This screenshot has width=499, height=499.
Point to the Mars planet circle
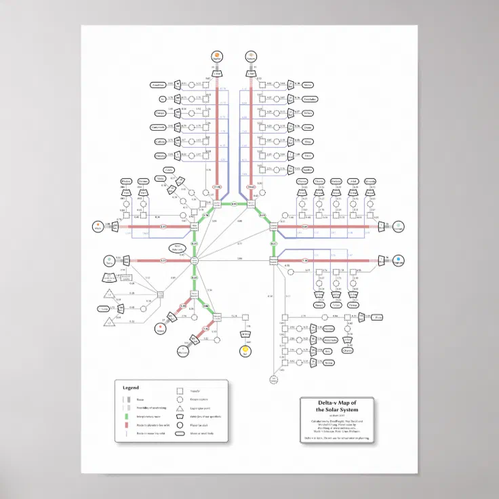click(x=161, y=329)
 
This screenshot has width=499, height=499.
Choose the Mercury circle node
click(x=182, y=351)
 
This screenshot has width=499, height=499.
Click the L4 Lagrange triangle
click(x=108, y=294)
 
